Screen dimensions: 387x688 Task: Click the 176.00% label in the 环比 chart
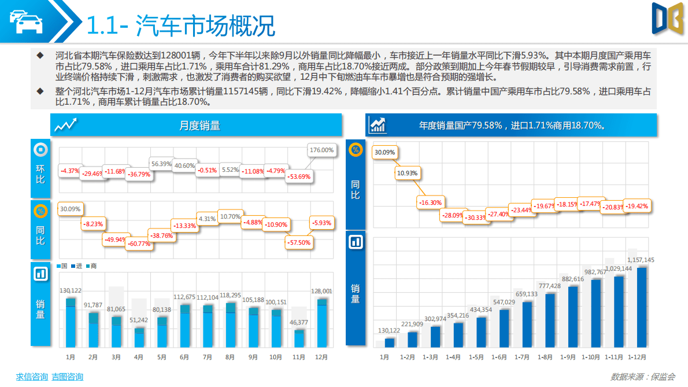[x=322, y=150]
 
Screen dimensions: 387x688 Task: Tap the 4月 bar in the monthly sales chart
[x=139, y=338]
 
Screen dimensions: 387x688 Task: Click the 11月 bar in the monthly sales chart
[x=299, y=339]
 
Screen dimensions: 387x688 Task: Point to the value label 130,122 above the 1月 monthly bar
[x=71, y=290]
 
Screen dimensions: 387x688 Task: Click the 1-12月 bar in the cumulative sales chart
[x=642, y=307]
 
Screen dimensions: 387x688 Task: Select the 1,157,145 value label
[x=641, y=260]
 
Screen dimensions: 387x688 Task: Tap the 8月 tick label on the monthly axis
[x=230, y=357]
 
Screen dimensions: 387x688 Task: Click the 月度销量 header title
[x=199, y=126]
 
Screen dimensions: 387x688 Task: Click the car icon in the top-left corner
[x=26, y=22]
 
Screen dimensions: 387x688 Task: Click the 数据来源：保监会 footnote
[x=643, y=377]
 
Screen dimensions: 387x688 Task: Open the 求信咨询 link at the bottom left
[x=31, y=377]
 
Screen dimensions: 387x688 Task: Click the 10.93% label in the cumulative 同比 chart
[x=407, y=173]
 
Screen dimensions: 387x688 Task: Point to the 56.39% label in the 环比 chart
[x=161, y=164]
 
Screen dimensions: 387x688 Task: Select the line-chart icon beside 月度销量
[x=65, y=126]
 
